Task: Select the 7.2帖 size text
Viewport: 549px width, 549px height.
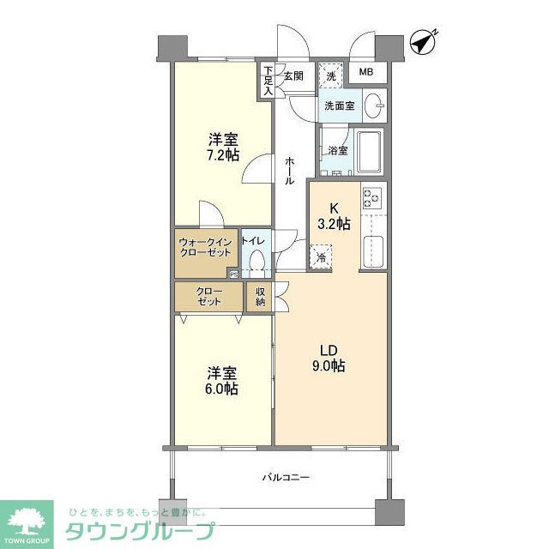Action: (x=221, y=155)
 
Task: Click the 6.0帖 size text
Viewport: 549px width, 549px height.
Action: (x=221, y=389)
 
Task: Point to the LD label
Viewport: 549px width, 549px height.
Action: (x=329, y=350)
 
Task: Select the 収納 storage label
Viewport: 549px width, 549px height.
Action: (x=260, y=297)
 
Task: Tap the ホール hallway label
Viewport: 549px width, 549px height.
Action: (x=290, y=170)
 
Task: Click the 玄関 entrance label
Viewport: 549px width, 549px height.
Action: (x=294, y=75)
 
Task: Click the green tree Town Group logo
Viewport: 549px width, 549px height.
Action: (x=25, y=520)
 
